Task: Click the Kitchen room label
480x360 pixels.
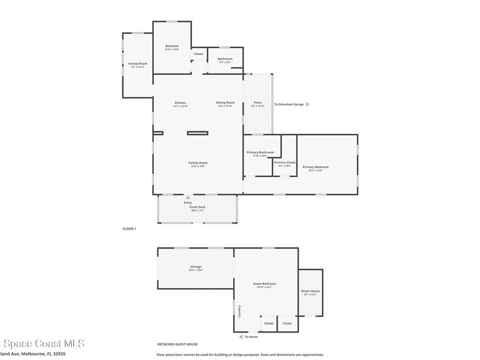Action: point(180,103)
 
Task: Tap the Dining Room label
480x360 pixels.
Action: point(225,103)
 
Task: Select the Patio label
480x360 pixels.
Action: point(258,103)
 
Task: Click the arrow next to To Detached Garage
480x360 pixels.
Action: point(308,105)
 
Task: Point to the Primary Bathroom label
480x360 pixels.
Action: point(260,152)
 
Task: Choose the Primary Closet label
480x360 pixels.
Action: point(285,163)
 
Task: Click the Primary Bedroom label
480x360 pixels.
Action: point(315,167)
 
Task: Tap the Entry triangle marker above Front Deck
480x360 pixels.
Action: point(188,198)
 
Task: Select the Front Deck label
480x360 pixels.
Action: point(197,207)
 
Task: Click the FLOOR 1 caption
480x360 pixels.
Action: point(129,229)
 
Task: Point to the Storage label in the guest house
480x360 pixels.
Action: point(195,267)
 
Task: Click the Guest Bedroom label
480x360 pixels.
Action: point(264,284)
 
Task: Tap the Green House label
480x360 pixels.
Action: point(310,291)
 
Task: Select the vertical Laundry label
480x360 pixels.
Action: point(239,312)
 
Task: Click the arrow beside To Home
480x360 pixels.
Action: point(240,337)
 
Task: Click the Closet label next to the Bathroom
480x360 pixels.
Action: point(199,54)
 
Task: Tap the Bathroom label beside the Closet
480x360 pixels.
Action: point(225,59)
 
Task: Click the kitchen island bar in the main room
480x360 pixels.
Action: point(197,133)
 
